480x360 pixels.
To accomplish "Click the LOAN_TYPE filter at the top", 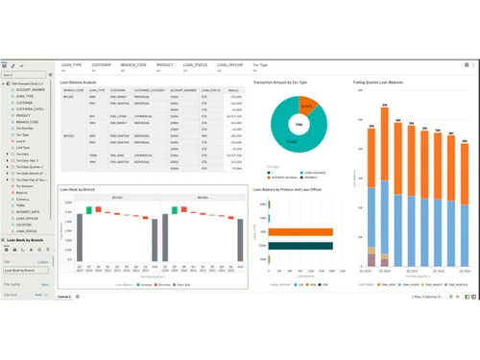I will [72, 65].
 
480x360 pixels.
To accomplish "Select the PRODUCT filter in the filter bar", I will [165, 65].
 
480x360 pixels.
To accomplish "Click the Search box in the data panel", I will [26, 76].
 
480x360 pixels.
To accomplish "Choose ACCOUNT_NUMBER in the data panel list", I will [31, 90].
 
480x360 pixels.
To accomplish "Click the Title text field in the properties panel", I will [26, 271].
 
